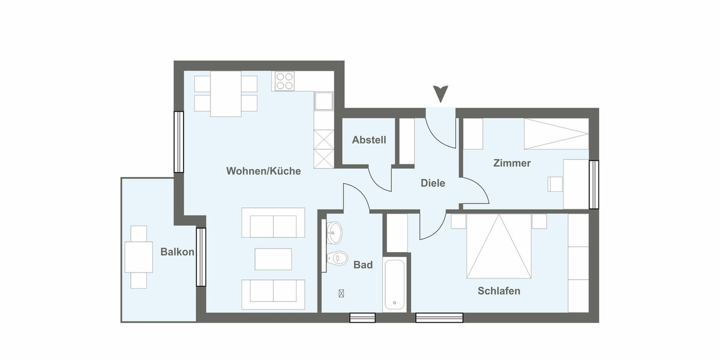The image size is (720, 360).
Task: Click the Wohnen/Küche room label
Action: pyautogui.click(x=263, y=171)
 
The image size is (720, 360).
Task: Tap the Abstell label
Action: pyautogui.click(x=369, y=140)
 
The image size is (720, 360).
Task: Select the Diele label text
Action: pyautogui.click(x=433, y=183)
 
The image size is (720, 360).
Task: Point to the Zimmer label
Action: pyautogui.click(x=512, y=163)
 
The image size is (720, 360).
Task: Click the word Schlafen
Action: pyautogui.click(x=499, y=291)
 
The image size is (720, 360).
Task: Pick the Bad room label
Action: pyautogui.click(x=363, y=265)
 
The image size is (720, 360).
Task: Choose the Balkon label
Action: pyautogui.click(x=177, y=252)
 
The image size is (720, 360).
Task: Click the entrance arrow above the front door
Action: pyautogui.click(x=441, y=94)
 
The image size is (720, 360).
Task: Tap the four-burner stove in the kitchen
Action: pyautogui.click(x=284, y=82)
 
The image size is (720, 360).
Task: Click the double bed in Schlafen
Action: pyautogui.click(x=499, y=246)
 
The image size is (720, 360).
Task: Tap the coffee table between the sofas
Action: pyautogui.click(x=273, y=259)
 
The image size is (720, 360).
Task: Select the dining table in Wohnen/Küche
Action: pyautogui.click(x=226, y=94)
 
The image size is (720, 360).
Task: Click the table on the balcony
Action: pyautogui.click(x=139, y=257)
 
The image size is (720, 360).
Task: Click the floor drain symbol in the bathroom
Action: pyautogui.click(x=341, y=293)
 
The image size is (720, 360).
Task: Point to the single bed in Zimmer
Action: pyautogui.click(x=556, y=134)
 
